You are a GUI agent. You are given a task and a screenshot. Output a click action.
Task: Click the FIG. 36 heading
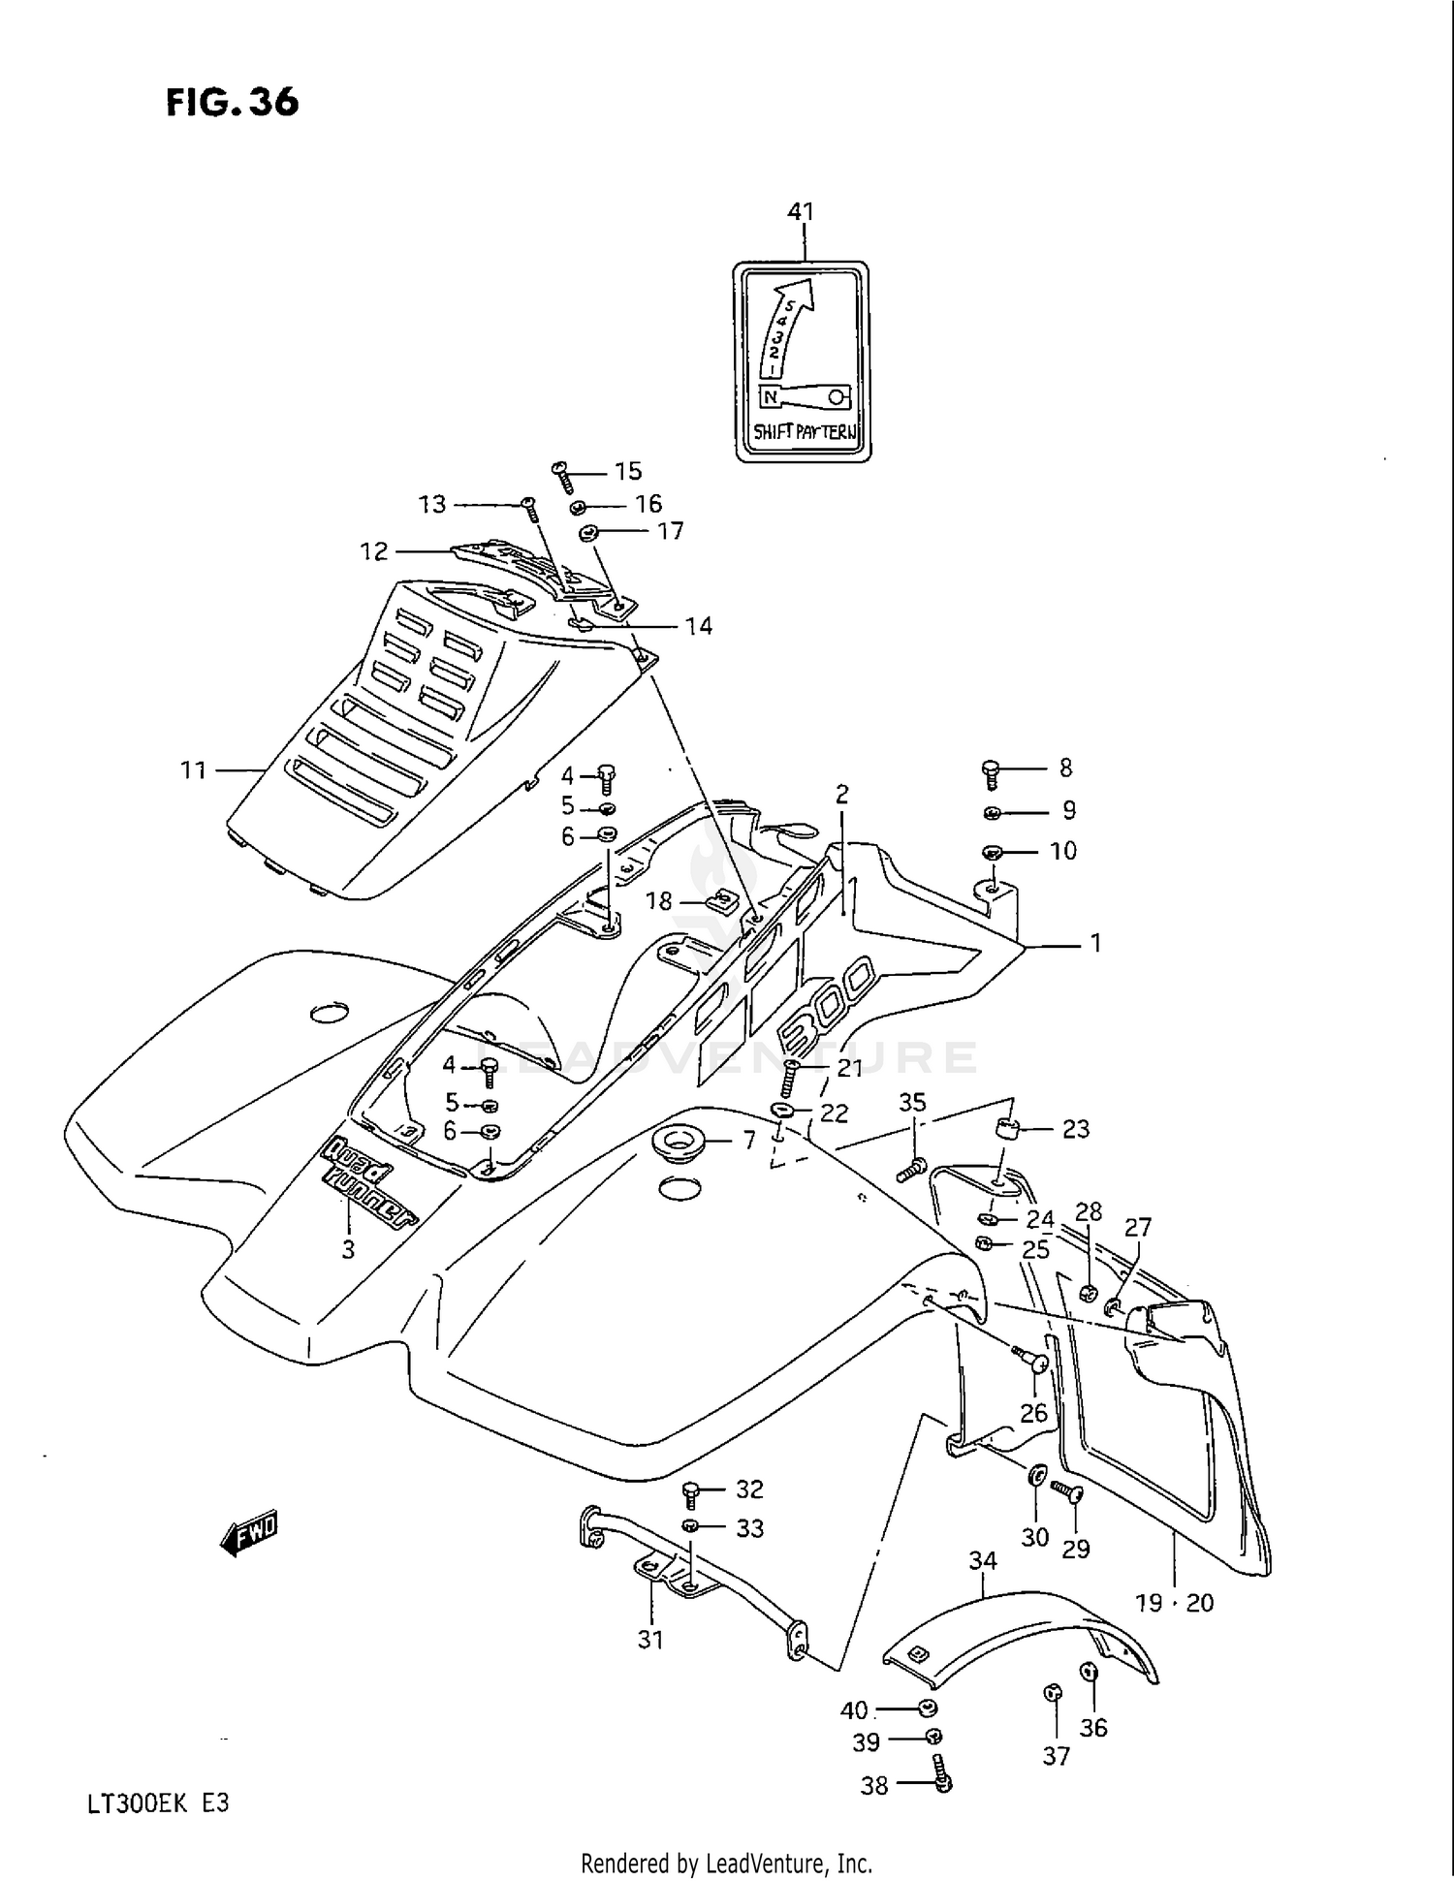click(x=232, y=102)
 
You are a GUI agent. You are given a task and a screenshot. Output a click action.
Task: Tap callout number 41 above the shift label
click(x=801, y=211)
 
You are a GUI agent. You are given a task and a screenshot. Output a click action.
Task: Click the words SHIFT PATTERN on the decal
click(x=805, y=432)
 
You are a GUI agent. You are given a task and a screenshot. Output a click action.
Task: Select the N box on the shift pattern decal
click(x=769, y=396)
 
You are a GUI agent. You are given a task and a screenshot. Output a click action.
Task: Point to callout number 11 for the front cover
click(x=193, y=769)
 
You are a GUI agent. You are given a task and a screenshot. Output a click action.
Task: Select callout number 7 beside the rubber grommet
click(x=748, y=1141)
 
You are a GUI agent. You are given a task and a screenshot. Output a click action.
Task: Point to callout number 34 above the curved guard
click(x=983, y=1560)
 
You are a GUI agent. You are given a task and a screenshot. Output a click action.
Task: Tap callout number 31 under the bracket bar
click(x=650, y=1639)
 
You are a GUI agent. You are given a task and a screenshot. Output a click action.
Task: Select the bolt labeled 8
click(x=990, y=773)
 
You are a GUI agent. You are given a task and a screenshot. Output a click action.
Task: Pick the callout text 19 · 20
click(x=1174, y=1603)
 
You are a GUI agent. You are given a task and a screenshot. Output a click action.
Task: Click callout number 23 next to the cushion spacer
click(x=1076, y=1129)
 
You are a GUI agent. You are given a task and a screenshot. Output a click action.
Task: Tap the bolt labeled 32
click(x=691, y=1493)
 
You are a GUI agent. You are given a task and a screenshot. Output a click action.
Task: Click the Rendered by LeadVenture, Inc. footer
click(x=726, y=1863)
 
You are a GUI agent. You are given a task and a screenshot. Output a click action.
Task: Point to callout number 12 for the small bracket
click(x=374, y=551)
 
